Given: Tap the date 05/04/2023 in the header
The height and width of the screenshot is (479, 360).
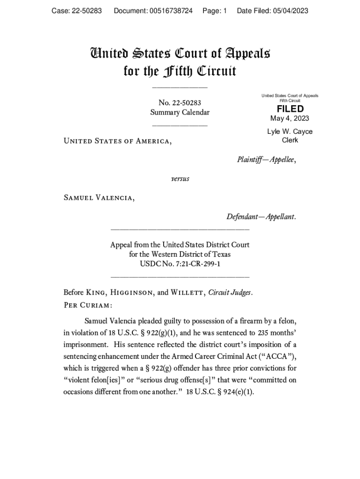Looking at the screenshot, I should point(291,10).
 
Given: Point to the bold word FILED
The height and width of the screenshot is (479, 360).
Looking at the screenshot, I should point(290,109).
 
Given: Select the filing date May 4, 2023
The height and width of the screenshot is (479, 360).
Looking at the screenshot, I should point(290,118).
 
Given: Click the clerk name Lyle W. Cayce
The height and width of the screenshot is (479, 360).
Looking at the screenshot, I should point(290,131).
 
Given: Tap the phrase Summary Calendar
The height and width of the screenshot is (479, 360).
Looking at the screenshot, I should point(180,112).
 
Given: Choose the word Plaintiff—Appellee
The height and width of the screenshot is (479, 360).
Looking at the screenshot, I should point(266,160).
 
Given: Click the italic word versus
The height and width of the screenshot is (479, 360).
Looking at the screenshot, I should point(180,179).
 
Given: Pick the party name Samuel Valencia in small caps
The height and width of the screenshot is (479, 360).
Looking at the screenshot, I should point(99,198).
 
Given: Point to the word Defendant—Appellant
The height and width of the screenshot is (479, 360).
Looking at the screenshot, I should point(261,217).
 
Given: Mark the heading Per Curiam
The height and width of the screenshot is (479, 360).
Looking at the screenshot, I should point(87,305).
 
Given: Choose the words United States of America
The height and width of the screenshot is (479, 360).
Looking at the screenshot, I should point(117,141).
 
